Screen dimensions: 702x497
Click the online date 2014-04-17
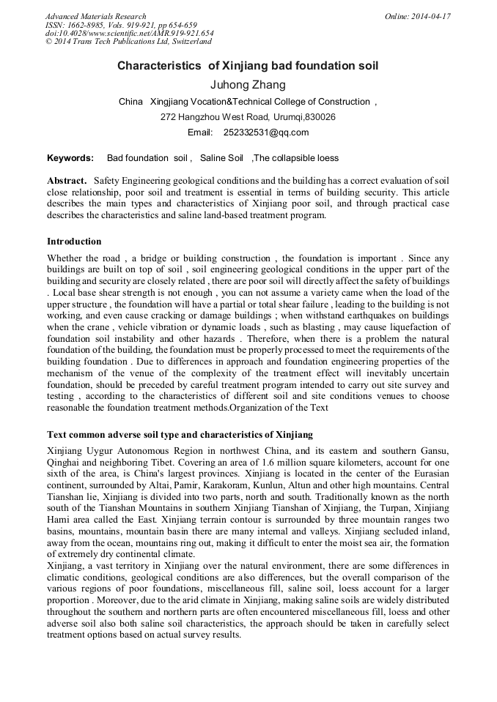(429, 16)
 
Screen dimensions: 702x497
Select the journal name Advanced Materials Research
(95, 16)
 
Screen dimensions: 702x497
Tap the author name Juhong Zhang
(248, 85)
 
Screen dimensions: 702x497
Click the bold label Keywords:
(70, 157)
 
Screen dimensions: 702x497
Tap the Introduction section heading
(74, 241)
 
